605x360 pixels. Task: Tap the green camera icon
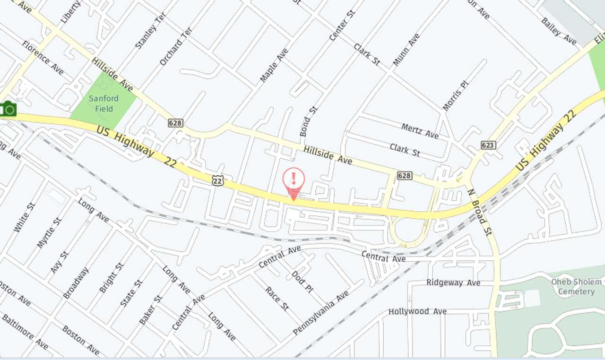(x=9, y=110)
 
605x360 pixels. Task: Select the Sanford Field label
(x=104, y=103)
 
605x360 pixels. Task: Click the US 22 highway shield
(x=217, y=180)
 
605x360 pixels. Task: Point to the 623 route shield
(x=488, y=145)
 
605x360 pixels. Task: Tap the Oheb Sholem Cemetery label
(x=576, y=286)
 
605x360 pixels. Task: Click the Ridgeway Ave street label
(x=453, y=283)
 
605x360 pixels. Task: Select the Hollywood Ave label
(x=417, y=311)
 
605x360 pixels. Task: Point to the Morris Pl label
(x=455, y=95)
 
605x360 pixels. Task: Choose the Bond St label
(x=309, y=121)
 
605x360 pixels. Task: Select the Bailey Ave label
(x=559, y=31)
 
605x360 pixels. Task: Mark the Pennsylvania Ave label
(x=321, y=313)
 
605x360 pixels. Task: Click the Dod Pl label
(x=302, y=282)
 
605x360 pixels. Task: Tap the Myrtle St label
(x=49, y=232)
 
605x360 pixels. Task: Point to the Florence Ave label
(x=43, y=58)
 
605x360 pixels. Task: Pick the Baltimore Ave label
(x=25, y=332)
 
